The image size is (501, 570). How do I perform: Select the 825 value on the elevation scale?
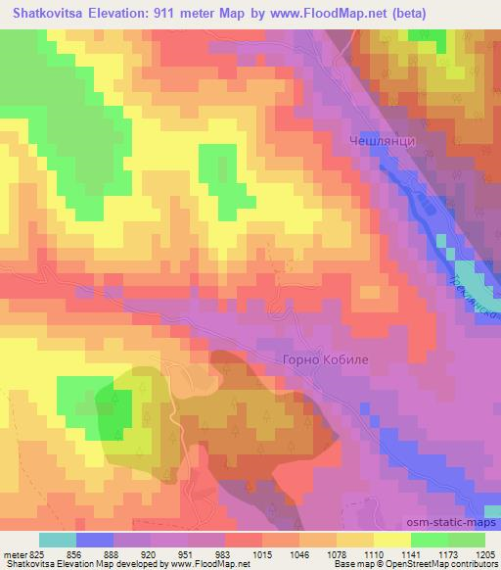coord(36,552)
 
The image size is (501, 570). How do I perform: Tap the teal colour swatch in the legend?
coord(58,540)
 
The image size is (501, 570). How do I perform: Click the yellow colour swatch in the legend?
coord(392,540)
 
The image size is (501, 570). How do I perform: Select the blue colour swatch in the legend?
coord(95,540)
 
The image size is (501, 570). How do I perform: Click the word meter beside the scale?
coord(14,552)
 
